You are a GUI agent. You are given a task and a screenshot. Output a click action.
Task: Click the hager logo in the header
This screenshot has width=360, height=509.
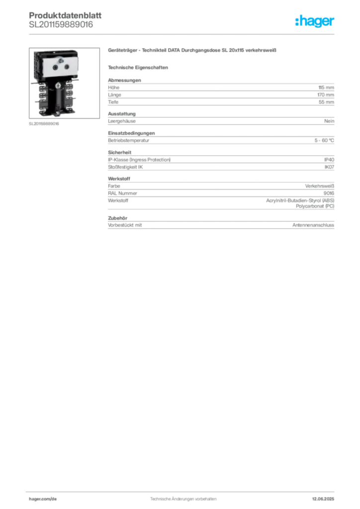coord(315,21)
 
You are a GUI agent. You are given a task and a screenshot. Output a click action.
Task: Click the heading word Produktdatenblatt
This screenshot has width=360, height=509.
coord(65,15)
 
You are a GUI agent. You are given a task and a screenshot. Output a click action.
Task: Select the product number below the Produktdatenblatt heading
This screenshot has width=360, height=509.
coord(61,25)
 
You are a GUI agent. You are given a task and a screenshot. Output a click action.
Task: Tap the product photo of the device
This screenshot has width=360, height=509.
coord(64,83)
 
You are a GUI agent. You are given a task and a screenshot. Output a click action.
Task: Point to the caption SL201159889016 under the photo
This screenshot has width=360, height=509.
coord(44,124)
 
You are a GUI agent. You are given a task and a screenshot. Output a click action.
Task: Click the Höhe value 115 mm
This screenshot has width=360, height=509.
coord(326,87)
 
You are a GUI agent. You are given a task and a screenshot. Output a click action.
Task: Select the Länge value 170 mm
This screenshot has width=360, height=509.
coord(326,95)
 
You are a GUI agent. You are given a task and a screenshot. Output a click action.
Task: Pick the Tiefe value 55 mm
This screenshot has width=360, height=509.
coord(326,102)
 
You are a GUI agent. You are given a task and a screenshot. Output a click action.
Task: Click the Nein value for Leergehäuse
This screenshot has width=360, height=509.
coord(329,121)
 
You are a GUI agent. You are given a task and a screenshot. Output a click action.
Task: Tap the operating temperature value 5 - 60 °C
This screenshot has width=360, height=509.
coord(324,141)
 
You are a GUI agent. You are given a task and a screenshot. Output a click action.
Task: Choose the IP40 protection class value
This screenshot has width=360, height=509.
coord(329,160)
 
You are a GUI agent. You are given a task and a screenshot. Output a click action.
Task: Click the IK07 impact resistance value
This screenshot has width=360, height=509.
coord(329,167)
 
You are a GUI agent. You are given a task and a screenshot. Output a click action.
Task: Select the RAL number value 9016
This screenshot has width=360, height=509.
coord(329,193)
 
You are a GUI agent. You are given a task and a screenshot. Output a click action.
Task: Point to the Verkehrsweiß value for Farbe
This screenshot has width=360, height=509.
coord(319,186)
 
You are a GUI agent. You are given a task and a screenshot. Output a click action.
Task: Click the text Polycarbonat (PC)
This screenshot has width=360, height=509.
coord(315,206)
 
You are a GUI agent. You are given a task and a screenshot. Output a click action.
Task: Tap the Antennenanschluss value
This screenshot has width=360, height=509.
coord(313,225)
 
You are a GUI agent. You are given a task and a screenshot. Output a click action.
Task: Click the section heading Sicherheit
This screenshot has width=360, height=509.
coord(119,152)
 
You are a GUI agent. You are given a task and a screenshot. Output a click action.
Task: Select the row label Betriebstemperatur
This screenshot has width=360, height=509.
coord(129,141)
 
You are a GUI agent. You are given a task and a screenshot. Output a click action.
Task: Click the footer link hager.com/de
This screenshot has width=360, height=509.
coord(43,499)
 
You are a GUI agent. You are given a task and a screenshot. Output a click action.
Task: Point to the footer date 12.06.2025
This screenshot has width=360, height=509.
coord(323,499)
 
